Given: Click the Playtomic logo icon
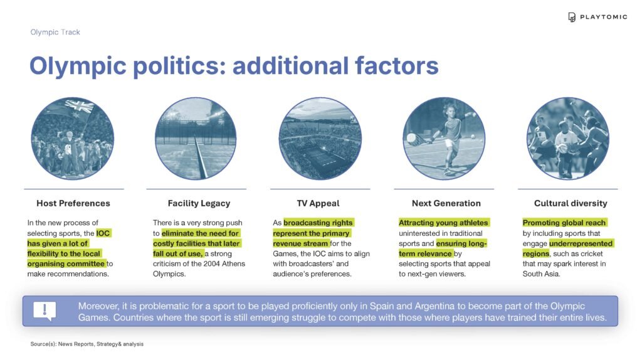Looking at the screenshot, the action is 572,17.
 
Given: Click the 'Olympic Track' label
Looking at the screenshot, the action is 55,32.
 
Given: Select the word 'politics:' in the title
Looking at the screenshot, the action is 180,65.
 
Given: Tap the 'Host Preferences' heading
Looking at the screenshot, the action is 73,203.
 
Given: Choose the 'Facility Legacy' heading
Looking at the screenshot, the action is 199,203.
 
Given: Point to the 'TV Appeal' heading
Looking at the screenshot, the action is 318,203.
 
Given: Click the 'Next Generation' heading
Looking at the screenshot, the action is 446,203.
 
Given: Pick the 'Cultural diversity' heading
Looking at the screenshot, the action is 571,203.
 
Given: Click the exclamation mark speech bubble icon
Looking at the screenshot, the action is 45,311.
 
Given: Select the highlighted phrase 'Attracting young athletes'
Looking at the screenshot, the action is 443,223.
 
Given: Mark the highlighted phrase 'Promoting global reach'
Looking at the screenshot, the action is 564,223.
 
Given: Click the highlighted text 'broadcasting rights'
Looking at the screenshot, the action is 318,223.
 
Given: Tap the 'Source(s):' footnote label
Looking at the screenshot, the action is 43,344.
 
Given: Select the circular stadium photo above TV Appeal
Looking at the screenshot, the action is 320,138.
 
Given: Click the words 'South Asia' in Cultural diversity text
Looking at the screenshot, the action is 540,273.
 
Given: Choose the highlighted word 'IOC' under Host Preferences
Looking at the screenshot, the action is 103,233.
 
